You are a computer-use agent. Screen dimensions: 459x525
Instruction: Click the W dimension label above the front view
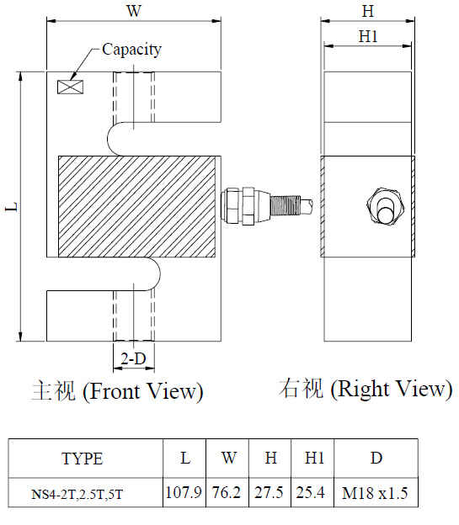[134, 11]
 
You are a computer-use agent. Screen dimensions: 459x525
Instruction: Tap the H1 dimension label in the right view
[368, 36]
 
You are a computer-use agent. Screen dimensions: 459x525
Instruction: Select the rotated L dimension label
[12, 207]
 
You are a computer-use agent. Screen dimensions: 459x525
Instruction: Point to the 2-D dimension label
[133, 359]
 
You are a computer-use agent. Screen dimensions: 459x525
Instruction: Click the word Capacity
[131, 50]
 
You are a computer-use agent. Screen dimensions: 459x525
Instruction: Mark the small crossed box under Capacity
[71, 87]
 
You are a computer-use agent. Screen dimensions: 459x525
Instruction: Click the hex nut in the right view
[385, 208]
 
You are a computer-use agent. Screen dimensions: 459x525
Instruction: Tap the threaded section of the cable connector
[281, 205]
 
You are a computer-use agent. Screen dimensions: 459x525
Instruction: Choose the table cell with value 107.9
[184, 492]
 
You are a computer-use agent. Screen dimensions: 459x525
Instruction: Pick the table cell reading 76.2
[227, 492]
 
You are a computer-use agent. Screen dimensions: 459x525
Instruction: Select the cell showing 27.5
[270, 492]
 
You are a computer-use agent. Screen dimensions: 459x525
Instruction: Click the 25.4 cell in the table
[312, 492]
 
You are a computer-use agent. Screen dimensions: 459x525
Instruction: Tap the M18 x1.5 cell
[376, 492]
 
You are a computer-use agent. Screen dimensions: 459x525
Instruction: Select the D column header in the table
[376, 459]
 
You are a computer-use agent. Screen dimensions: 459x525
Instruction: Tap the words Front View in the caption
[142, 391]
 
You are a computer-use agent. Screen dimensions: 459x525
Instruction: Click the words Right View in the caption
[391, 389]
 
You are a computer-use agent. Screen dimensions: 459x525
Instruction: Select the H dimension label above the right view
[368, 11]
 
